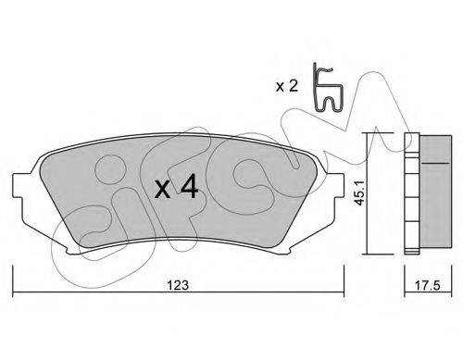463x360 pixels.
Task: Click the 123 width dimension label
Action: [x=178, y=285]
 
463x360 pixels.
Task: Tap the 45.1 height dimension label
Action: [x=359, y=193]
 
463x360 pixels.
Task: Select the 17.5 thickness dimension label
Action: [x=427, y=285]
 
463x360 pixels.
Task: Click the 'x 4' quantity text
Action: [x=176, y=186]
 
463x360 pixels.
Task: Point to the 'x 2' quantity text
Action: [x=287, y=86]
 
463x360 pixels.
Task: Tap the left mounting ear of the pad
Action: [x=19, y=186]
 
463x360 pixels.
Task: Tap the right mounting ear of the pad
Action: [x=336, y=186]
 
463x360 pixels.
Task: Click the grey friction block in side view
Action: [x=436, y=192]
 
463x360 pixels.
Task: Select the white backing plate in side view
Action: [x=412, y=193]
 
